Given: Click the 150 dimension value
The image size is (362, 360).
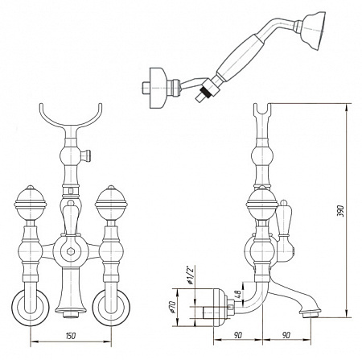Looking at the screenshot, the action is coord(70,336).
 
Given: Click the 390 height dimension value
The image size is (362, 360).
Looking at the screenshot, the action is coord(340,211).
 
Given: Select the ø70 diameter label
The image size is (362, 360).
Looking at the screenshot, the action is coord(172,307).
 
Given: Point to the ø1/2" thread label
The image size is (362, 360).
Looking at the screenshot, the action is coord(190,275).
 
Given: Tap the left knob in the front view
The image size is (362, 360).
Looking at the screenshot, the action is coord(31,201).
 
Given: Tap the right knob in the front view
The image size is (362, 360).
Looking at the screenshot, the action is coord(111,201).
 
